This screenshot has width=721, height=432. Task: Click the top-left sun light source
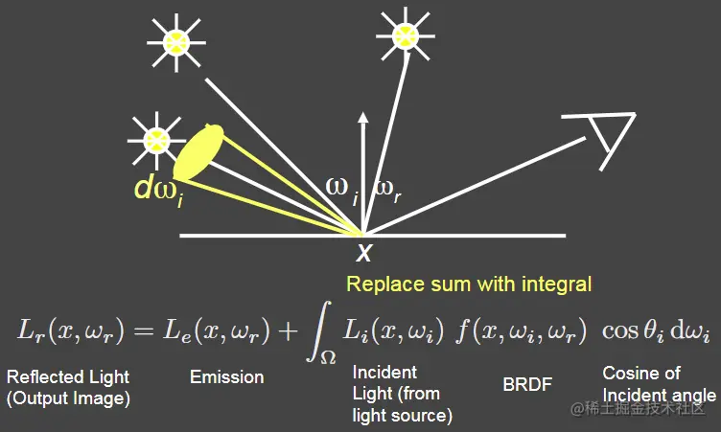click(177, 40)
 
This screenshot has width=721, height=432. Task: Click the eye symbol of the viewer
click(603, 138)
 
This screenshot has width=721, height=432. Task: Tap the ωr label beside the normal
click(386, 188)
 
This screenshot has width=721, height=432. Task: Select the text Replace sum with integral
click(469, 284)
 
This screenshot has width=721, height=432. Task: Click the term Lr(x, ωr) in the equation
click(65, 330)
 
